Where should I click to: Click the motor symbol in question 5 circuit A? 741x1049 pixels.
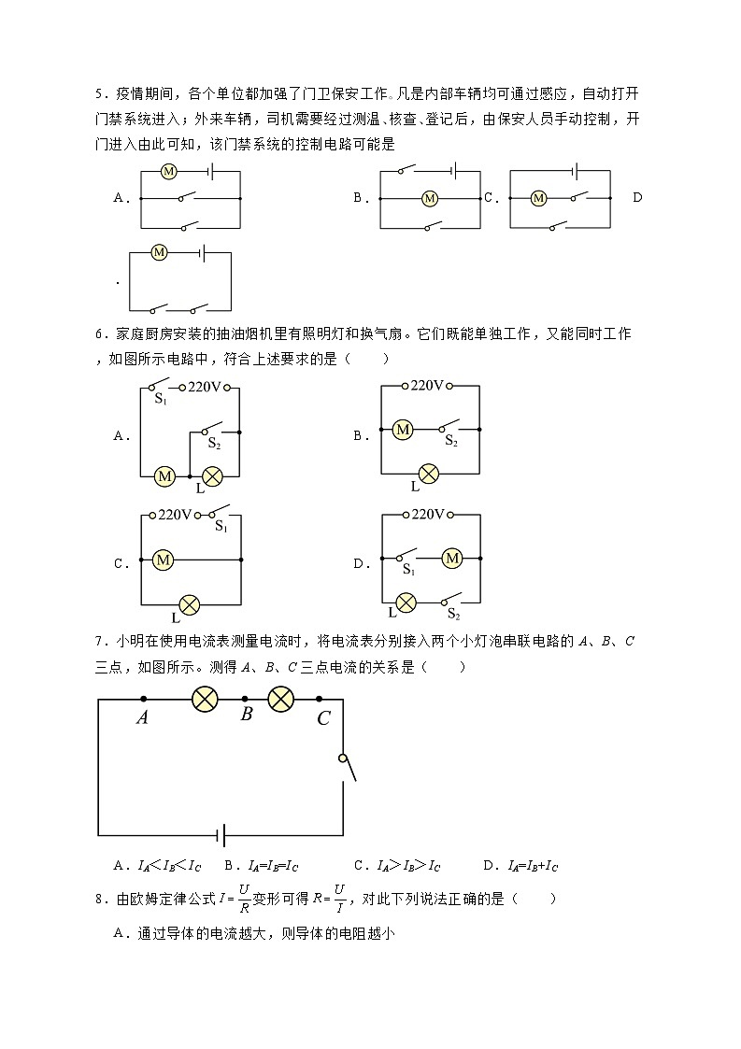click(x=169, y=172)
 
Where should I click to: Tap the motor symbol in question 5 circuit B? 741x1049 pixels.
click(x=430, y=198)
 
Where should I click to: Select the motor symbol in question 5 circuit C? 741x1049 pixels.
click(x=538, y=198)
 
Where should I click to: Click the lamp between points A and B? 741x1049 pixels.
click(x=205, y=699)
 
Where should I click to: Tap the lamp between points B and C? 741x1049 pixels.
click(x=281, y=699)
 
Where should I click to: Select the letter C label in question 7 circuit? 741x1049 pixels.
click(x=323, y=718)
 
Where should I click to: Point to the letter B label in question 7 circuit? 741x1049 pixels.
click(x=247, y=715)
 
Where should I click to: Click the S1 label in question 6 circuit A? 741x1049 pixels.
click(x=160, y=400)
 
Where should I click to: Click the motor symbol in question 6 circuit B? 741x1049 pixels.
click(x=403, y=430)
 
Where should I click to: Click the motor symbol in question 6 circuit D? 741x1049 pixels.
click(x=452, y=559)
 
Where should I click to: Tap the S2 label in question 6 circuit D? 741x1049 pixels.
click(x=453, y=614)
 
